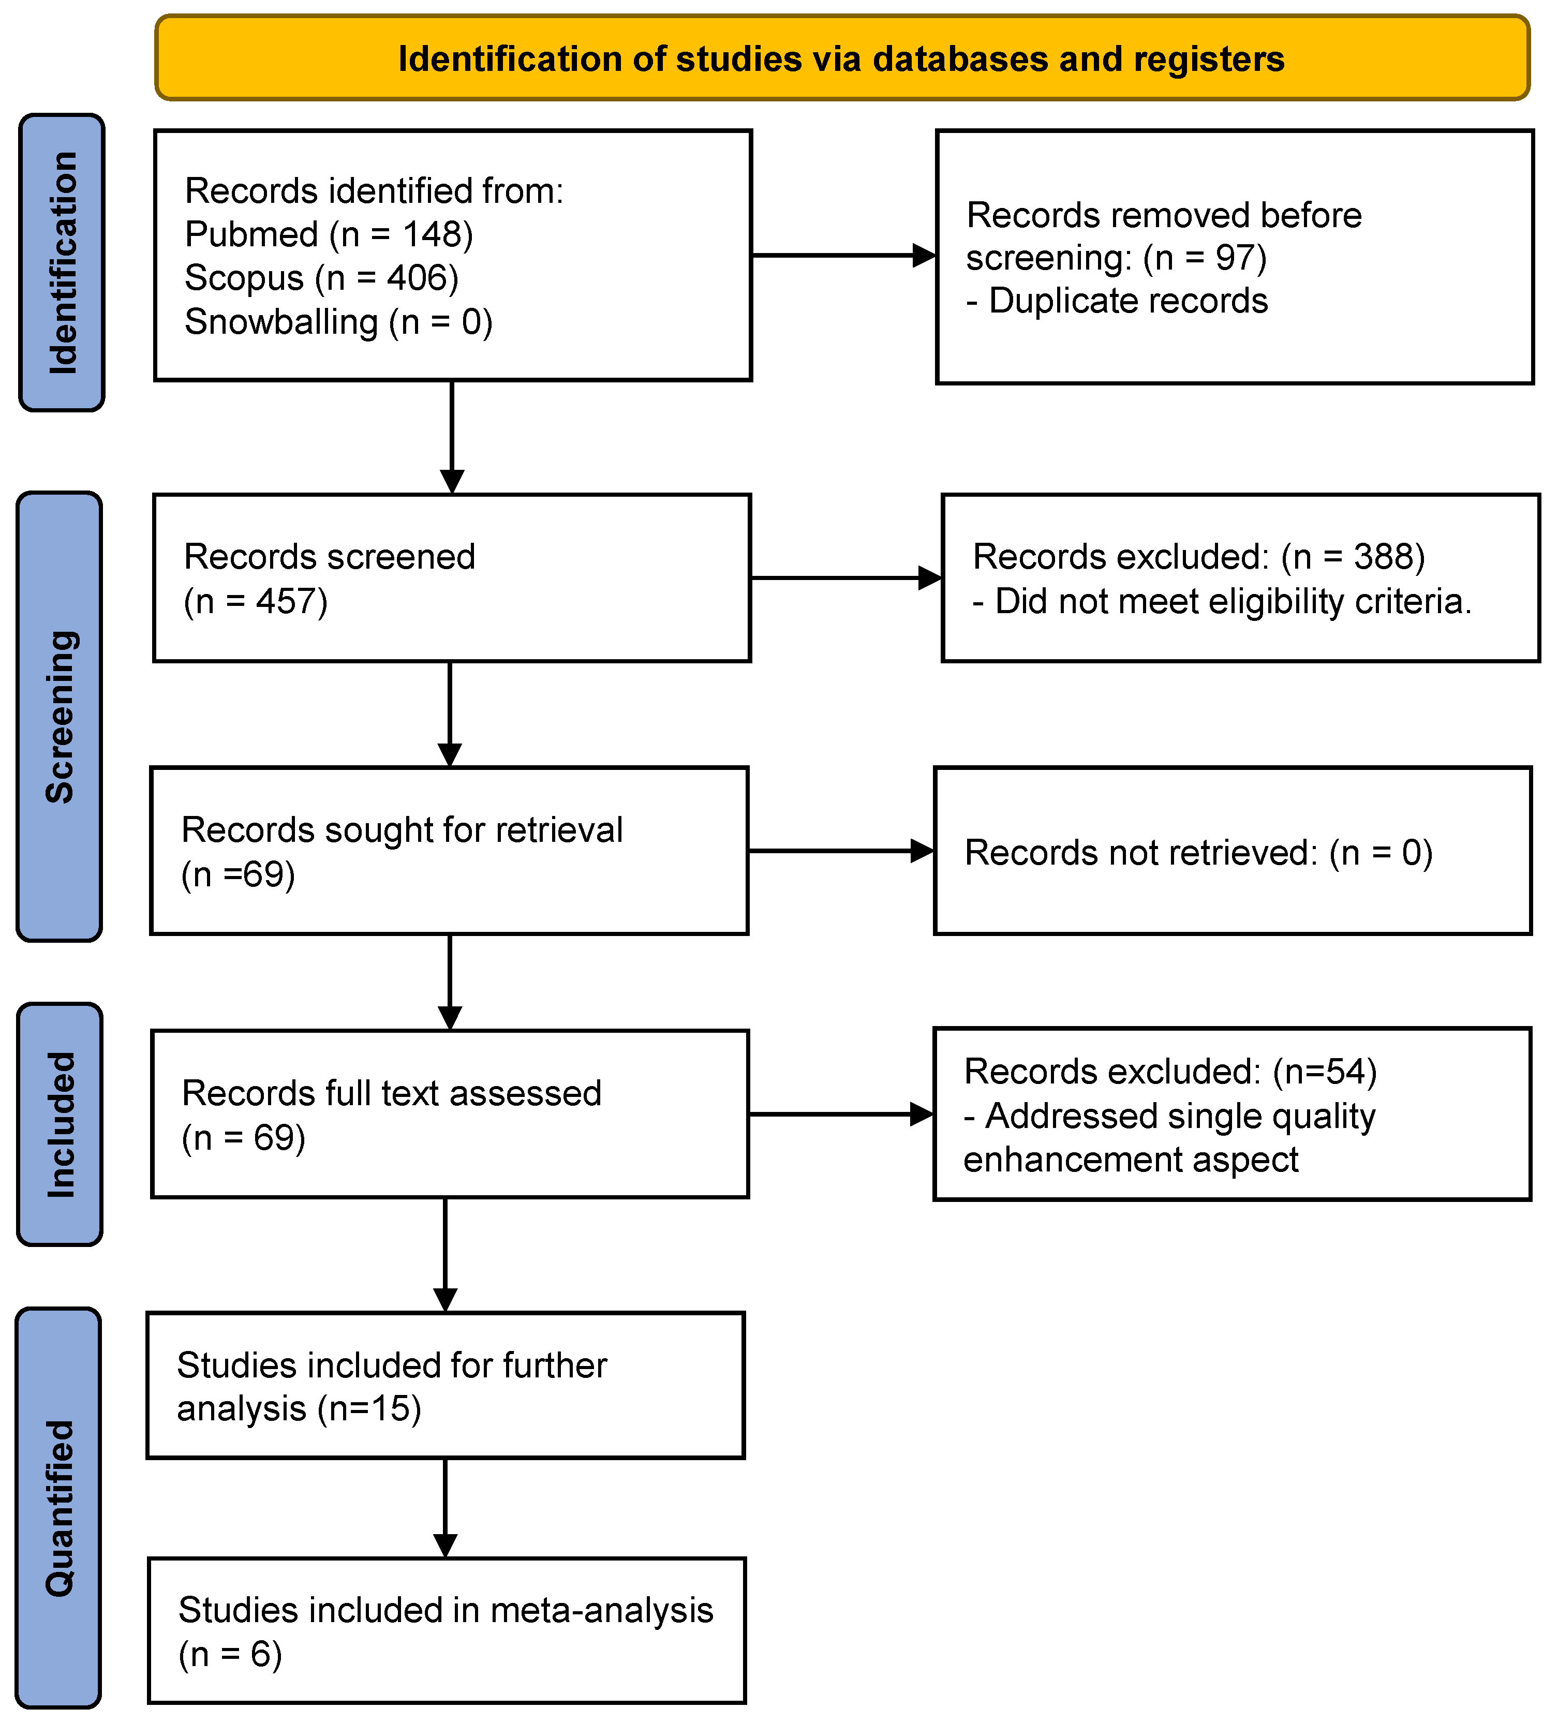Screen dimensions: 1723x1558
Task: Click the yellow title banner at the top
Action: click(842, 58)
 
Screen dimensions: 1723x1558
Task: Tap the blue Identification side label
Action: click(62, 262)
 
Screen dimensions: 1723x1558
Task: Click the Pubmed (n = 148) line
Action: click(329, 234)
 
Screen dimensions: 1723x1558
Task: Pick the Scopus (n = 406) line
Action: click(321, 278)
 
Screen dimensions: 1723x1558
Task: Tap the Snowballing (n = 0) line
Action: click(338, 322)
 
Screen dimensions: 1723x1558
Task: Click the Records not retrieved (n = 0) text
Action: click(1198, 852)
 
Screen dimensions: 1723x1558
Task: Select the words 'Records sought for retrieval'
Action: click(402, 830)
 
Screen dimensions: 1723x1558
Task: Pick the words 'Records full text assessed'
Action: click(391, 1093)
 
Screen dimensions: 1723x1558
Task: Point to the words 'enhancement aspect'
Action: click(1130, 1160)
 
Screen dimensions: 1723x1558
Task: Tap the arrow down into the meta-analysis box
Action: click(446, 1508)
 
